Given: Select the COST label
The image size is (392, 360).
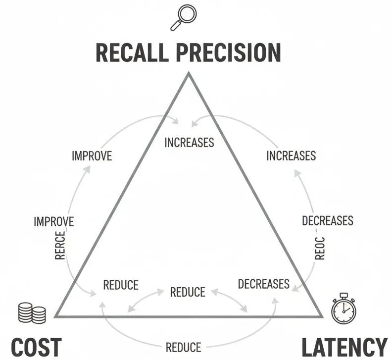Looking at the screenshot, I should [36, 347].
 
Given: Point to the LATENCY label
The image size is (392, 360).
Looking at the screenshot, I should [344, 347].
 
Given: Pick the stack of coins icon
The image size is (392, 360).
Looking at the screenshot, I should [31, 313].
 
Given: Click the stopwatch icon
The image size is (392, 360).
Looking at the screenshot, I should [343, 310].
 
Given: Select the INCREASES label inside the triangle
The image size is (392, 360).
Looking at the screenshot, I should [189, 143].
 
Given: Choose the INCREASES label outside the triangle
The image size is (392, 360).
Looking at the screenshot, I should [291, 156].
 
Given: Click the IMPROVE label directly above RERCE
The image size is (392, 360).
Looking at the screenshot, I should [53, 221].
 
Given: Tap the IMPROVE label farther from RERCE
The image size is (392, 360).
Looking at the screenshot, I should [92, 156].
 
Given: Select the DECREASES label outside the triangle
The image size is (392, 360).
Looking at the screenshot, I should [328, 220].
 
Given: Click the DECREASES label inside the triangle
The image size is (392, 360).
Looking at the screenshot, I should [263, 284].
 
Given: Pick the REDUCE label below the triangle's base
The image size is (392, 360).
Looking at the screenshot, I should [183, 347].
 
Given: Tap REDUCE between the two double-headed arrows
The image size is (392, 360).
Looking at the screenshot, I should [188, 292].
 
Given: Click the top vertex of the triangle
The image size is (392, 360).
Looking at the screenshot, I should [188, 74].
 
